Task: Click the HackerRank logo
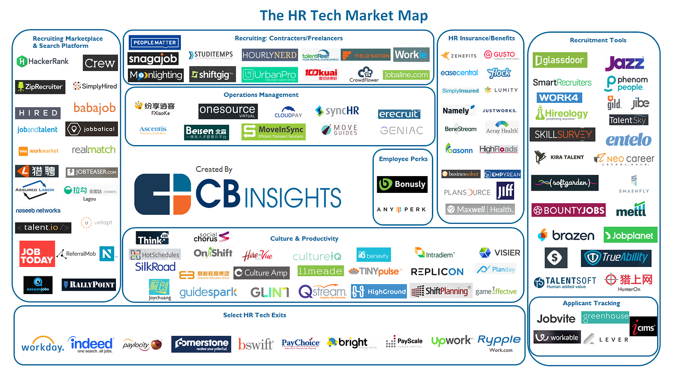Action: click(x=43, y=62)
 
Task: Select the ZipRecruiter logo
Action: click(x=40, y=87)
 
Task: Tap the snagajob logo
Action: click(x=153, y=59)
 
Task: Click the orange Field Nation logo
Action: click(x=366, y=55)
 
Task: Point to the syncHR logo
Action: click(x=337, y=111)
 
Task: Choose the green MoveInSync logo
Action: click(x=273, y=131)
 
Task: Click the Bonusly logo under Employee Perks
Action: click(x=402, y=184)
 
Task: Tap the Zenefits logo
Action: click(x=459, y=56)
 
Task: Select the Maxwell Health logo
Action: click(x=480, y=209)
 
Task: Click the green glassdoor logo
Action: click(x=559, y=60)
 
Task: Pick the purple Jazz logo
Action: click(x=624, y=63)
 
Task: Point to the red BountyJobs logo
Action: click(x=568, y=211)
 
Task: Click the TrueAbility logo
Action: click(x=616, y=258)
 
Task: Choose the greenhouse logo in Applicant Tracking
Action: click(x=605, y=317)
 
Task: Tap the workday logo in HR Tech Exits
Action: click(x=42, y=344)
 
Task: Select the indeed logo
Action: click(x=91, y=344)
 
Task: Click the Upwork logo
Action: click(x=451, y=341)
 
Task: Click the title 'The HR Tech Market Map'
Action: click(x=344, y=15)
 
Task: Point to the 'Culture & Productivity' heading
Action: click(x=304, y=239)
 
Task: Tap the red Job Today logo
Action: click(x=37, y=254)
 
